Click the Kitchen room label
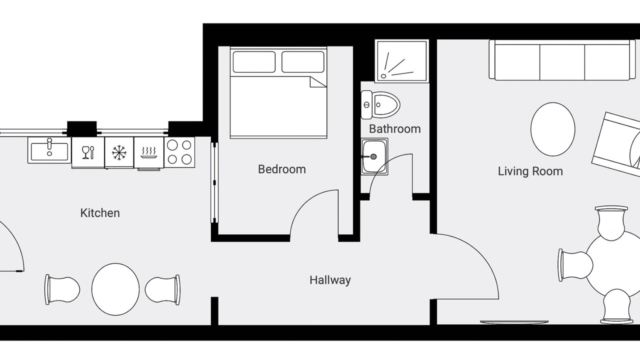pos(100,213)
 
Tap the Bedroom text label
pos(282,169)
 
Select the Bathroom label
pos(395,129)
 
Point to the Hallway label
pos(330,280)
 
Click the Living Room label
pos(530,171)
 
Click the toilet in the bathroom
pos(380,105)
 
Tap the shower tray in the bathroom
pos(401,61)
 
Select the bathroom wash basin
pos(374,156)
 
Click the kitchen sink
pos(49,150)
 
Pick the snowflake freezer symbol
pos(119,152)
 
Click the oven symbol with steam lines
pos(149,152)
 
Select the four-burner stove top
pos(179,152)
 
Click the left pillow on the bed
pos(254,61)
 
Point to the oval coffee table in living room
pos(553,129)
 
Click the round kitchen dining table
pos(115,289)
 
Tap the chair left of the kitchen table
pos(62,289)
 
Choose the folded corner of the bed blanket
pos(316,82)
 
